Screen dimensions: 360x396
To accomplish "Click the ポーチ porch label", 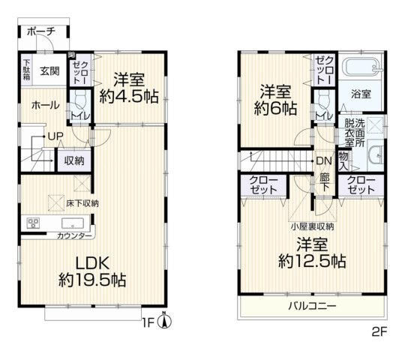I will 39,31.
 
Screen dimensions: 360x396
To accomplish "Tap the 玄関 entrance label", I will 49,71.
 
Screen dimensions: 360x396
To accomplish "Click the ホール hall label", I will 45,106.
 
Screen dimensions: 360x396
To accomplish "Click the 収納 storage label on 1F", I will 73,160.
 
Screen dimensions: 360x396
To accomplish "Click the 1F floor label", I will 149,323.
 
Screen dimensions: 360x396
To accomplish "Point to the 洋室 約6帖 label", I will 275,100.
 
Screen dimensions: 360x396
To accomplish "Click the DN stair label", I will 323,160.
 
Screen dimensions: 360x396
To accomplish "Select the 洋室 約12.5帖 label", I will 312,253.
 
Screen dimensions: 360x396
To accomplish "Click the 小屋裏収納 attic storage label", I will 313,226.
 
